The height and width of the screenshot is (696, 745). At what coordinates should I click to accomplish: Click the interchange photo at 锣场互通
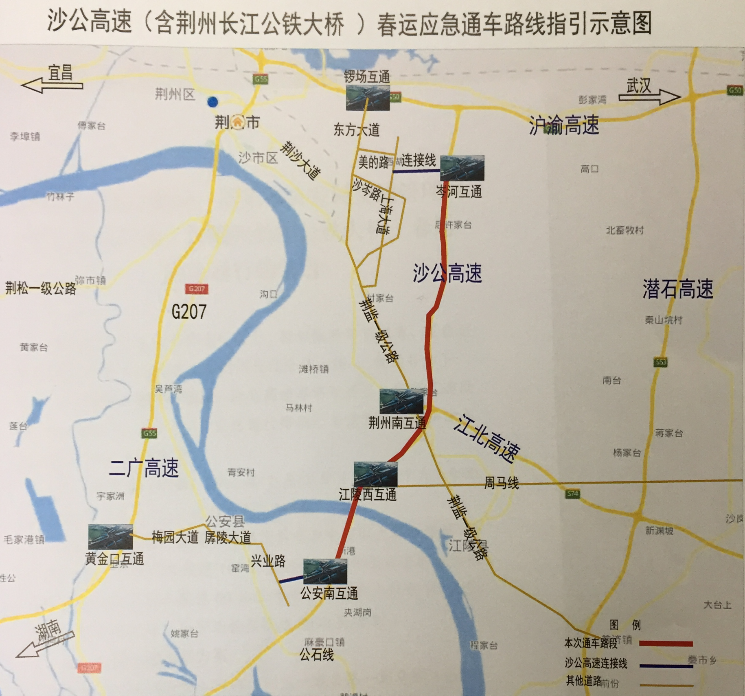coord(368,98)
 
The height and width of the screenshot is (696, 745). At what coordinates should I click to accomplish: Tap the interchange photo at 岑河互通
coord(462,168)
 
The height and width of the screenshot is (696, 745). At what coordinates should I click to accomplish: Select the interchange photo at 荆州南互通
coord(401,401)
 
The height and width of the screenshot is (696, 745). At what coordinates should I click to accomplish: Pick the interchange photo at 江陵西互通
coord(375,474)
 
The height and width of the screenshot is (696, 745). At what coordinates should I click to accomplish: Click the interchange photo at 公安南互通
coord(325,571)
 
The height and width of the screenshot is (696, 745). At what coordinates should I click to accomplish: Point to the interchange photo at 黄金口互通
coord(110,537)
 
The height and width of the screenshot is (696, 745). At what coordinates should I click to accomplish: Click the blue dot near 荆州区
coord(213,102)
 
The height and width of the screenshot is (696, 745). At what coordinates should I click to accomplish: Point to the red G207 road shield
coord(197,289)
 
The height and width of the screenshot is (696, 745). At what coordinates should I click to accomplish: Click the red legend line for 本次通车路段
coord(666,643)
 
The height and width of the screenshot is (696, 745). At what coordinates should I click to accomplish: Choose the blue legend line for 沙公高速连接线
coord(666,666)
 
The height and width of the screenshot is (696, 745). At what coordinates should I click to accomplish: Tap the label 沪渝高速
coord(564,125)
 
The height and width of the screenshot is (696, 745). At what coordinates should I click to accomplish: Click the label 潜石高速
coord(678,289)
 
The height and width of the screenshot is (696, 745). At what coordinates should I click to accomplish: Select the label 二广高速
coord(144,467)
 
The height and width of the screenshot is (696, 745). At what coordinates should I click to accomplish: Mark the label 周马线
coord(501,483)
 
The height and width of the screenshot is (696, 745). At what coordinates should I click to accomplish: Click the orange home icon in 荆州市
coord(237,122)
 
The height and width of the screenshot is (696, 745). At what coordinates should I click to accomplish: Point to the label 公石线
coord(317,655)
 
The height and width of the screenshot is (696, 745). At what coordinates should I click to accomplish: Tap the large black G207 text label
coord(189,312)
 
